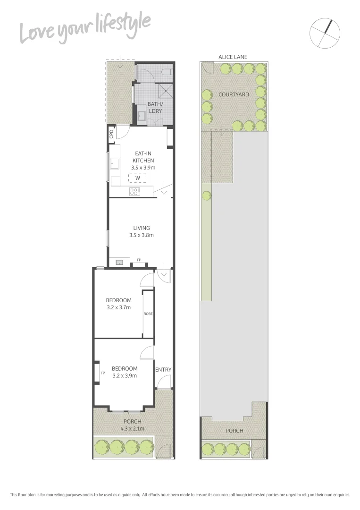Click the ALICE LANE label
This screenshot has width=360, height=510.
pyautogui.click(x=233, y=57)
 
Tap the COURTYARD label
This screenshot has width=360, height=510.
pyautogui.click(x=234, y=94)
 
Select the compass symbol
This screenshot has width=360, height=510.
pyautogui.click(x=325, y=33)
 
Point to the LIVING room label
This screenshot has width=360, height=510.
pyautogui.click(x=141, y=228)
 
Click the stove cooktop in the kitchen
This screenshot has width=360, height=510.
pyautogui.click(x=134, y=192)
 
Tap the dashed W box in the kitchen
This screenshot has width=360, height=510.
pyautogui.click(x=138, y=178)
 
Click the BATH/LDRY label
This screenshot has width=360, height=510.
pyautogui.click(x=154, y=107)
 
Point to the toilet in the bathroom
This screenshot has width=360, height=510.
pyautogui.click(x=167, y=72)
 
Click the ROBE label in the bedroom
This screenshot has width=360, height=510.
pyautogui.click(x=148, y=314)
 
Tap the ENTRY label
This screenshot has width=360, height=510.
pyautogui.click(x=163, y=370)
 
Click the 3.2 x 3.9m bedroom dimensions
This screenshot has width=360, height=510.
pyautogui.click(x=125, y=376)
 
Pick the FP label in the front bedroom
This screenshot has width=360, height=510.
pyautogui.click(x=102, y=373)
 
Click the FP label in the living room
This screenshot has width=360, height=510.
pyautogui.click(x=139, y=260)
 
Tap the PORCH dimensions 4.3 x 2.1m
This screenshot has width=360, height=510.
pyautogui.click(x=132, y=429)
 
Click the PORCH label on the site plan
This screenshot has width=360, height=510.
pyautogui.click(x=234, y=431)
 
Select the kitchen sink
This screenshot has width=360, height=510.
pyautogui.click(x=114, y=164)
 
